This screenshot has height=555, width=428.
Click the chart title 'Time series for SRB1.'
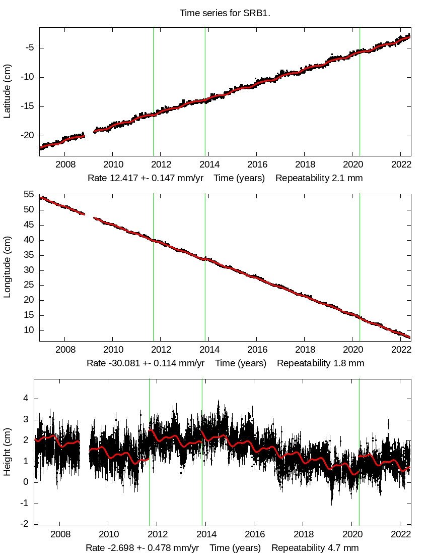225,13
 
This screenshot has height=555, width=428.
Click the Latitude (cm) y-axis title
7,91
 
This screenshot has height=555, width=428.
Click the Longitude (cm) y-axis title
7,267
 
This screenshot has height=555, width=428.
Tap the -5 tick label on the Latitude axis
29,48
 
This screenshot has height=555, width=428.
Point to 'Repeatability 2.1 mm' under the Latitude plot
319,178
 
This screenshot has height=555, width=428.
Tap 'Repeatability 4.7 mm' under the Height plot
315,548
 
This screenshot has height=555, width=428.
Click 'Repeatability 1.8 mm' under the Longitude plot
320,363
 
